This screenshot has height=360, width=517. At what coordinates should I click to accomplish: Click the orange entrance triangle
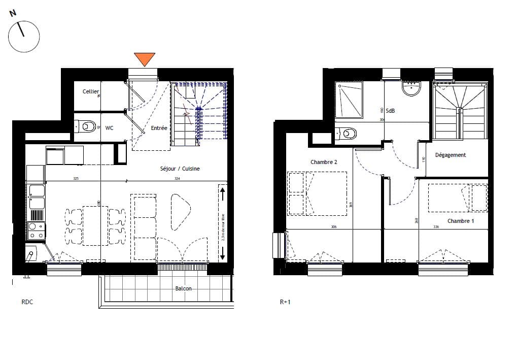tap(145, 59)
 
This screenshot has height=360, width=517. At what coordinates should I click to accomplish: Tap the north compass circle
tap(23, 36)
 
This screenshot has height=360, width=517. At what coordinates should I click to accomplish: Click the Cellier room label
tap(91, 91)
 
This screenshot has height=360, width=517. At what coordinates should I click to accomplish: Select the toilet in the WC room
tap(87, 125)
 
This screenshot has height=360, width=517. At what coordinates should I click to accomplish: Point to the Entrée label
tap(159, 128)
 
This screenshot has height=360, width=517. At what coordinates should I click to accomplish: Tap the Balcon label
tap(183, 288)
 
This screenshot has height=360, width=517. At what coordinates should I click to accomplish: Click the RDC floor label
tap(27, 302)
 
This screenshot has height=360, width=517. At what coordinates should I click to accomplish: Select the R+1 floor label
tap(286, 302)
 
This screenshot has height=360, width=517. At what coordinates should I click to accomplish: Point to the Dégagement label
tap(450, 155)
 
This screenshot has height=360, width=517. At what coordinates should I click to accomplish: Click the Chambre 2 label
tap(324, 162)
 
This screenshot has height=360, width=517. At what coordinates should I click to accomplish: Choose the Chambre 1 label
tap(461, 221)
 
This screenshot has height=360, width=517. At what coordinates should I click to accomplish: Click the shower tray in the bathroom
tap(349, 100)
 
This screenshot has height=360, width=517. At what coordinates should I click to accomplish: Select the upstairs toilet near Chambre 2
tap(348, 134)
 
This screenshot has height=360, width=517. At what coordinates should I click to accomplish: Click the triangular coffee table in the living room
tap(181, 208)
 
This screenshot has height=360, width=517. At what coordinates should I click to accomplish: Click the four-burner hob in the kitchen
tap(36, 231)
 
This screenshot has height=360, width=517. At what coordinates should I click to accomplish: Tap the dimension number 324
tap(177, 179)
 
